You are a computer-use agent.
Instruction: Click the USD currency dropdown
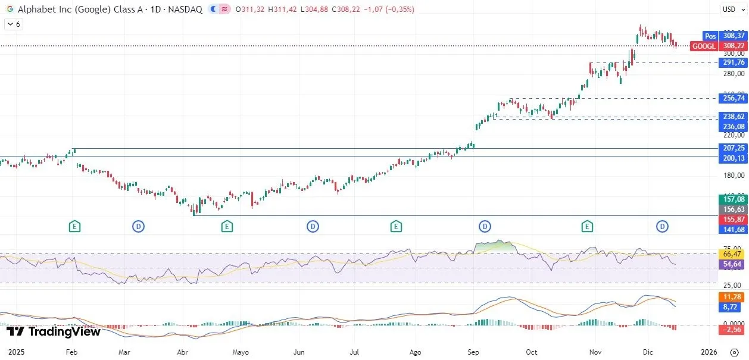[730, 9]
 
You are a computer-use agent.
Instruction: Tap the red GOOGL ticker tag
[704, 46]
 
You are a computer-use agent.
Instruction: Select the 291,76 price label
[733, 62]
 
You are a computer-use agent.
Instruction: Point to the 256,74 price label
[733, 99]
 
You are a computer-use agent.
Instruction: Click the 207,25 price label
[733, 148]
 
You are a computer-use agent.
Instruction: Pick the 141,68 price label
[733, 230]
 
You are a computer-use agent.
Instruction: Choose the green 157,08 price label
[733, 199]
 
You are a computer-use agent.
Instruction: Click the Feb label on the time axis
[71, 352]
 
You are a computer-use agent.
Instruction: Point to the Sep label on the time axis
[473, 352]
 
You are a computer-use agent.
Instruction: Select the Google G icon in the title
[10, 10]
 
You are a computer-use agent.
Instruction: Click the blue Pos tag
[710, 36]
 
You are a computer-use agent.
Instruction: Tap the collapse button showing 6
[13, 24]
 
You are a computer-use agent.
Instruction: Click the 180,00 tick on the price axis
[732, 176]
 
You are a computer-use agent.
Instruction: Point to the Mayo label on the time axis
[241, 352]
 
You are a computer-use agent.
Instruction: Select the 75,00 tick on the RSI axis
[732, 249]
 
